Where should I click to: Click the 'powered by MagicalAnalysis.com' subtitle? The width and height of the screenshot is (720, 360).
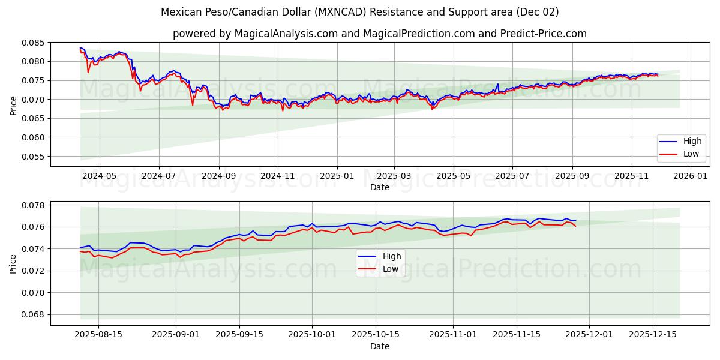pos(379,34)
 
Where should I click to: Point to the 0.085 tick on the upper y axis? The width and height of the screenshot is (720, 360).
pos(33,43)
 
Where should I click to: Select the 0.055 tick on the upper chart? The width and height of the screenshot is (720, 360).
pos(33,157)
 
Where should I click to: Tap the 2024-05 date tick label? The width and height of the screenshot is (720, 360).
pos(99,176)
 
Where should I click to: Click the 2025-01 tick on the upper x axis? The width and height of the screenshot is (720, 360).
pos(337,176)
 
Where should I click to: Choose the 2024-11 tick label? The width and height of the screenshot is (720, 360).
pos(278,176)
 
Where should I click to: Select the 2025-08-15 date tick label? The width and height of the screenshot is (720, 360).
pos(99,335)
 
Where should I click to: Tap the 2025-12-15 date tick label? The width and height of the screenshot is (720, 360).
pos(652,335)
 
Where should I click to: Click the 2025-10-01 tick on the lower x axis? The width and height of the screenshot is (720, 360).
pos(312,335)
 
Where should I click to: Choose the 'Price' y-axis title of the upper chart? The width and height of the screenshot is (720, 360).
pos(13,104)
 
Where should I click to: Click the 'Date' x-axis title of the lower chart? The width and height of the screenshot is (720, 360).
pos(379,346)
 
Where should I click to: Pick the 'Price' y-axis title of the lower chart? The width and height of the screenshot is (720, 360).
pos(13,263)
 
